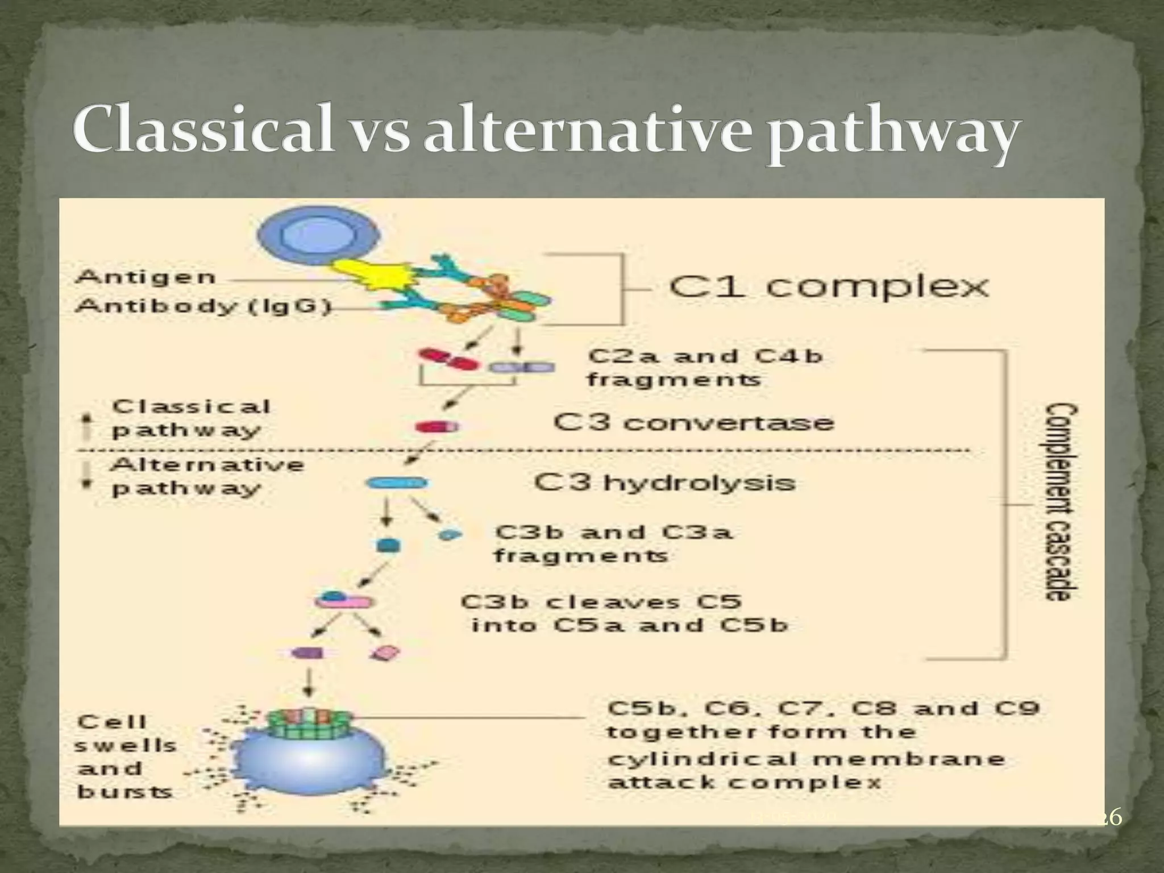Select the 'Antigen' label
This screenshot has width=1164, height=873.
145,278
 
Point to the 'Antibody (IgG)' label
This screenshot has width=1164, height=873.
203,306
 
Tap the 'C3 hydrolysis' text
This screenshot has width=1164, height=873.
664,483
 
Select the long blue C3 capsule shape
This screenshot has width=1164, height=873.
397,484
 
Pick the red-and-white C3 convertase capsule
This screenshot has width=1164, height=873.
436,426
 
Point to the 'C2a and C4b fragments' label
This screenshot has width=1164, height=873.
705,367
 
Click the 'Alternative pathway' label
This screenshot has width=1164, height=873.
207,476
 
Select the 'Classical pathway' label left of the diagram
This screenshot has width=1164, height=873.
190,418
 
